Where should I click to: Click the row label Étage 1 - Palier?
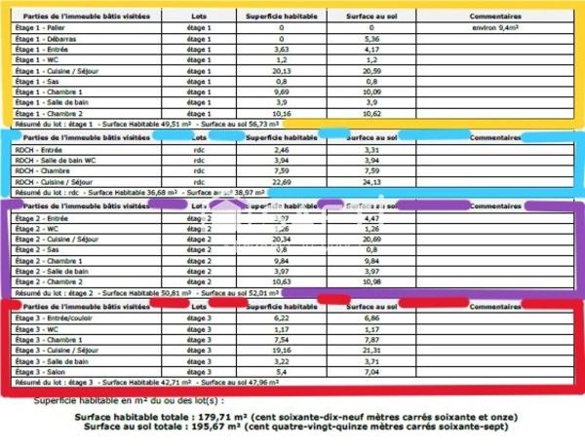pyautogui.click(x=46, y=28)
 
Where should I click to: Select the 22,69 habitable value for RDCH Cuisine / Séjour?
pyautogui.click(x=282, y=181)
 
